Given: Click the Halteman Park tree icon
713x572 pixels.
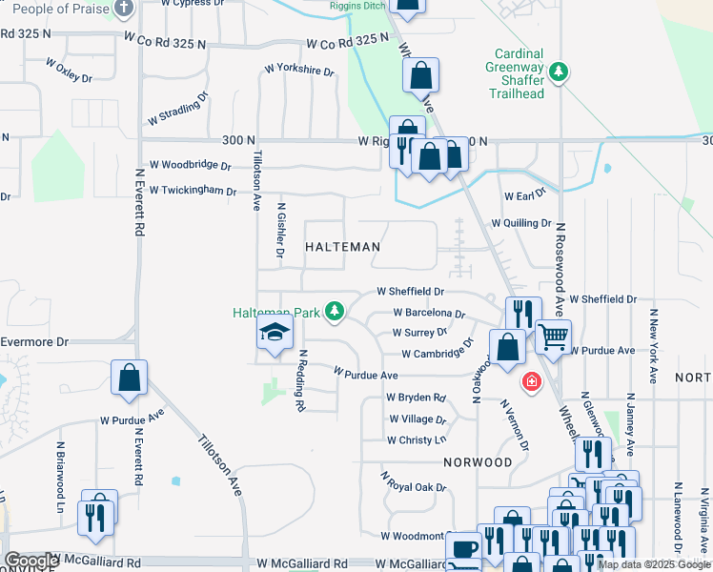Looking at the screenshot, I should pyautogui.click(x=334, y=311).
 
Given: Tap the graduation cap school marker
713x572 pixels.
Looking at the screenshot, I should pyautogui.click(x=275, y=333).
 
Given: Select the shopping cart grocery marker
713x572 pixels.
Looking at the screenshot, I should pyautogui.click(x=553, y=336).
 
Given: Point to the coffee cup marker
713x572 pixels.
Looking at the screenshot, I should pyautogui.click(x=464, y=550).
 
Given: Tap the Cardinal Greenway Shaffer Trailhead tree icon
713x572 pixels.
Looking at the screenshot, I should pyautogui.click(x=560, y=71).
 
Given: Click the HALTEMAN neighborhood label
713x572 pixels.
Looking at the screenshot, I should pyautogui.click(x=342, y=247).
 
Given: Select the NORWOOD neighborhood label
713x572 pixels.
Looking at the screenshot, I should pyautogui.click(x=478, y=461).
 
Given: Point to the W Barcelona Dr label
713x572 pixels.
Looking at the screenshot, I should pyautogui.click(x=429, y=313).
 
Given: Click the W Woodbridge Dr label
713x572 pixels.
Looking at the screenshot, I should pyautogui.click(x=191, y=165).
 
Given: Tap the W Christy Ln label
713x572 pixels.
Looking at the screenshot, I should pyautogui.click(x=416, y=439).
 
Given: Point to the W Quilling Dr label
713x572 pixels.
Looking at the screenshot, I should pyautogui.click(x=521, y=223).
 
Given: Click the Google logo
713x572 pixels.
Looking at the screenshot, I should pyautogui.click(x=31, y=561).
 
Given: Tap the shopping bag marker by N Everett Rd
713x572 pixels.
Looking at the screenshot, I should pyautogui.click(x=129, y=378).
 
